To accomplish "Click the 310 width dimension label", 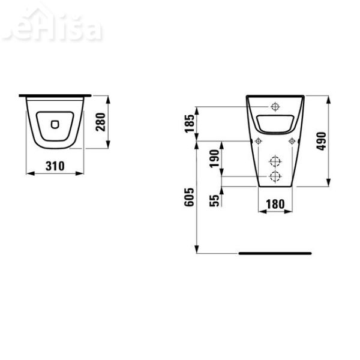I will pos(55,165).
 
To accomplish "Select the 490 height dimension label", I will pos(321,141).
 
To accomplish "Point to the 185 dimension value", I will pos(190,124).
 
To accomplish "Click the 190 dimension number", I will pos(214,159).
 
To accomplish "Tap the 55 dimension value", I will pos(214,200).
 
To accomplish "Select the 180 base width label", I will pos(275,203).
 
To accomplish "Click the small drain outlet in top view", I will pos(55,125).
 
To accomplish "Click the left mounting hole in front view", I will pos(258,141).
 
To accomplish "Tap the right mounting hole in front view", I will pos(292,141).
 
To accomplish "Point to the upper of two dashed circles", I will pos(275,161).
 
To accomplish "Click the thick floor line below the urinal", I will pos(275,253).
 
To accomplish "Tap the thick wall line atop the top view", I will pos(55,95).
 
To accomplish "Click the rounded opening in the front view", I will pos(275,123).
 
